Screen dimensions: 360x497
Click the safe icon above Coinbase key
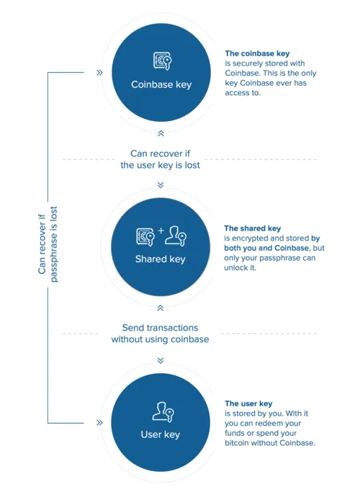click(x=162, y=61)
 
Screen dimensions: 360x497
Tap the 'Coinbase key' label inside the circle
click(x=161, y=84)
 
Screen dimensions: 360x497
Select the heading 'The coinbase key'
click(x=257, y=53)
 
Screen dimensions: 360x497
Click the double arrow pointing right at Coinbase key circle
click(x=99, y=73)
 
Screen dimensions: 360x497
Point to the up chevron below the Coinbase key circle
click(x=161, y=133)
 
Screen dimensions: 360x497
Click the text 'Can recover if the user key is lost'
click(x=160, y=159)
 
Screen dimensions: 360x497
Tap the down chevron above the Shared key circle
click(x=161, y=185)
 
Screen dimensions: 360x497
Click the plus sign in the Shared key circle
click(x=161, y=230)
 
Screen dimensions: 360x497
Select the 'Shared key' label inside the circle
click(x=161, y=259)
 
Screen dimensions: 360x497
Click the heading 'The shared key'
click(x=253, y=228)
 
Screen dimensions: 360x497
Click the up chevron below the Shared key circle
click(x=161, y=308)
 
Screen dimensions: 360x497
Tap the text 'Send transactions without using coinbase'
click(x=160, y=333)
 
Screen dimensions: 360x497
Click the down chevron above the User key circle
click(x=161, y=360)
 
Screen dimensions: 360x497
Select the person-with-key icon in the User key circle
click(x=163, y=412)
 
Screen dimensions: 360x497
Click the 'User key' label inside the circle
click(x=161, y=434)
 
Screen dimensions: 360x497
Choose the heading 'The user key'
click(x=248, y=403)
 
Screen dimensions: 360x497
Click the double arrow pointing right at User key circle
click(x=99, y=423)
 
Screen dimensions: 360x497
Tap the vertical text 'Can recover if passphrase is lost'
click(x=48, y=244)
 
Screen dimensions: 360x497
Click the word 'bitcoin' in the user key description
click(x=237, y=443)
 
